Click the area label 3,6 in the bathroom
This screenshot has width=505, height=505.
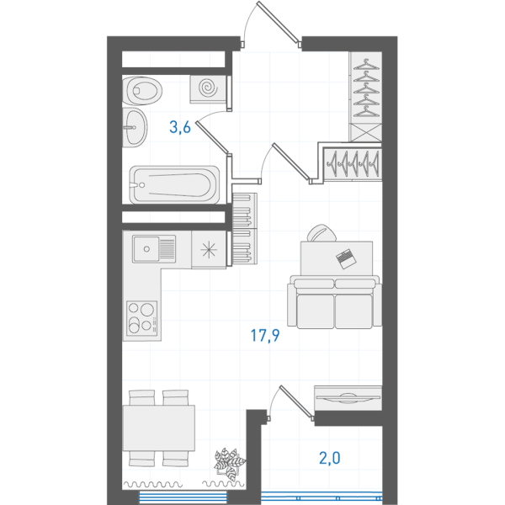click(180, 127)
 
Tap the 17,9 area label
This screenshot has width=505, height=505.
click(265, 336)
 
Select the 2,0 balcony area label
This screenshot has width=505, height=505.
click(329, 458)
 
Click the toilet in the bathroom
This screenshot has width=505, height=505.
click(142, 91)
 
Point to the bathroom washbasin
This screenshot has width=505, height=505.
click(135, 128)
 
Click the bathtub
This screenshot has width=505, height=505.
click(174, 185)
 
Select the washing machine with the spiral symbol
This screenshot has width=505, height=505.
click(208, 89)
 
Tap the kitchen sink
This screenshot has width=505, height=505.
click(154, 248)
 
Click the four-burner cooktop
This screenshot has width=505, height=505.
click(142, 318)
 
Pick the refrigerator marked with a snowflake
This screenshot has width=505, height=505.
click(209, 250)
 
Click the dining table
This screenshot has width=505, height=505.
click(159, 428)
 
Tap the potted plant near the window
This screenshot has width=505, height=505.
click(229, 462)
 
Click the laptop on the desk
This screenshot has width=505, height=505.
click(346, 258)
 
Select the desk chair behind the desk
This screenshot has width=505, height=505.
click(322, 233)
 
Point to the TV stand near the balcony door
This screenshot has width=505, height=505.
click(348, 398)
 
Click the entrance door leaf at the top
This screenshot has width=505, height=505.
click(279, 22)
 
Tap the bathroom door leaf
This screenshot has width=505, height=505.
click(213, 137)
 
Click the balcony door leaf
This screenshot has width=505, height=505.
click(296, 401)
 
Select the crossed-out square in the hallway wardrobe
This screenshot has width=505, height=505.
click(365, 133)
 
